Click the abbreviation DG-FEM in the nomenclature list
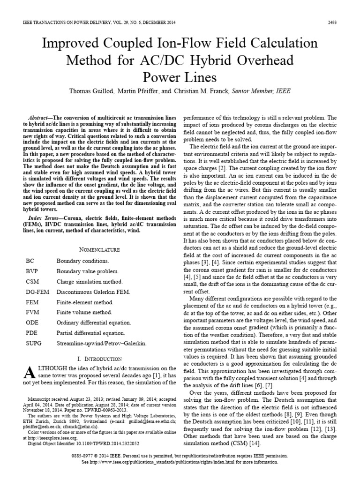pyautogui.click(x=37, y=292)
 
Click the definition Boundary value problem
pyautogui.click(x=88, y=271)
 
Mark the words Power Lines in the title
pyautogui.click(x=180, y=76)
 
